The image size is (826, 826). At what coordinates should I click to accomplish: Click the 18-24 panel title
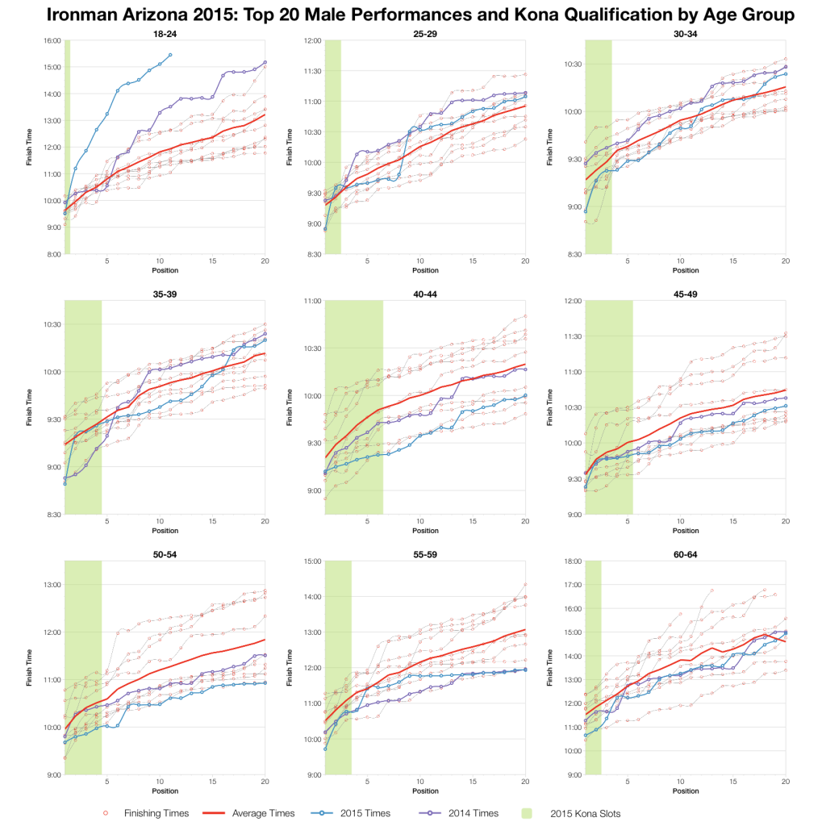165,33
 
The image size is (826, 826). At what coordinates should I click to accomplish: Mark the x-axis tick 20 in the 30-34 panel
786,261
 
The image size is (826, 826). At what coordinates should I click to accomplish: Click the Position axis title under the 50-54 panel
165,791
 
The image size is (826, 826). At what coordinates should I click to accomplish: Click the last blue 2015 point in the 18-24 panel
170,55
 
